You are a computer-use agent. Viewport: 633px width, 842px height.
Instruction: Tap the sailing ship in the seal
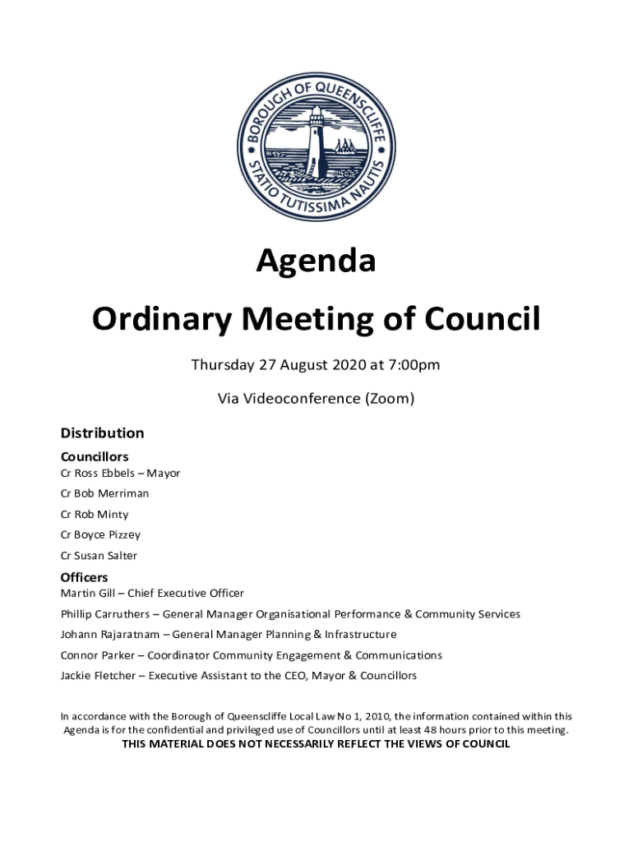click(x=344, y=147)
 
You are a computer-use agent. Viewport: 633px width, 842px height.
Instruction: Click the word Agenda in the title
click(x=316, y=261)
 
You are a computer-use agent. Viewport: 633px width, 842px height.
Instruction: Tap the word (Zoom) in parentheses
click(x=390, y=400)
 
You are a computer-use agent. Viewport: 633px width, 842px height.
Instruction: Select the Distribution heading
click(x=102, y=433)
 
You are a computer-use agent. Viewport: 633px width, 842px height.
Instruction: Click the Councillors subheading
click(x=95, y=456)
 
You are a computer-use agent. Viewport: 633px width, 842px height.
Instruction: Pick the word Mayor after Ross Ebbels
click(x=164, y=474)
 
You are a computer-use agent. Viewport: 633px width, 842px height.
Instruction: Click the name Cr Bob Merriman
click(x=104, y=494)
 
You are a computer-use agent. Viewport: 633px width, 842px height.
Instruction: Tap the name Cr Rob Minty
click(x=95, y=515)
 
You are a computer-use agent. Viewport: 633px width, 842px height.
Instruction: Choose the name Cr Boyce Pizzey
click(x=100, y=535)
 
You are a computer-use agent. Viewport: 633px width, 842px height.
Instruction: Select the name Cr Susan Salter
click(x=99, y=556)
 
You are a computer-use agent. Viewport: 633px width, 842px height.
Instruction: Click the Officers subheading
click(x=84, y=577)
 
